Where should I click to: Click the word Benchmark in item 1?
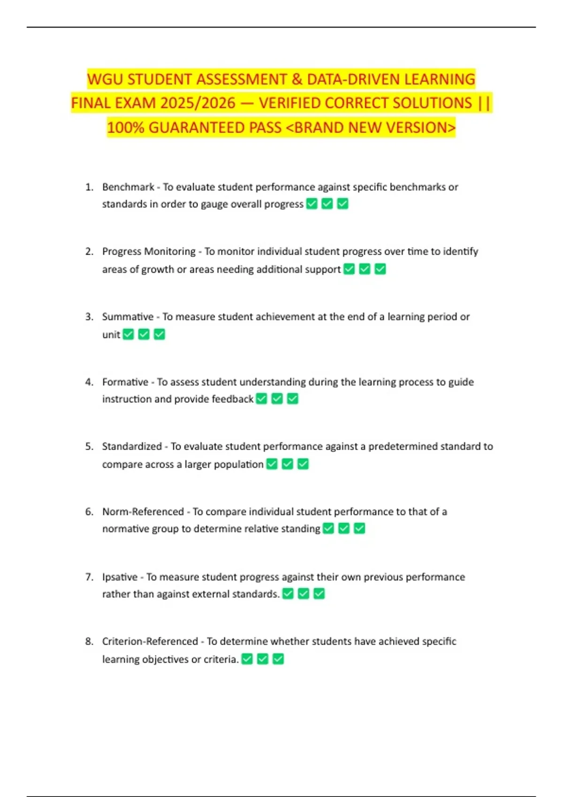[x=128, y=187]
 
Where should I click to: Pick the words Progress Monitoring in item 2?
[x=149, y=252]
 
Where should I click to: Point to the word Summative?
[x=128, y=317]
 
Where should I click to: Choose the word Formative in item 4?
[x=125, y=382]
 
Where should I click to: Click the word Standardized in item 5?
[x=132, y=446]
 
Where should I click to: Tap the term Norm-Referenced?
[x=143, y=511]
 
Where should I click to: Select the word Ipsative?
[x=120, y=577]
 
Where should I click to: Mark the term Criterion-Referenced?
[x=150, y=641]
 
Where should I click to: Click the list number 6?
[x=89, y=511]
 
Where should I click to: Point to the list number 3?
[x=89, y=317]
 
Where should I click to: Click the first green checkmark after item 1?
[x=312, y=204]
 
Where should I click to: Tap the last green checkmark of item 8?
[x=278, y=659]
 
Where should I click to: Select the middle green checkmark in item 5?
[x=288, y=464]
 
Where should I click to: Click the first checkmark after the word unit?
[x=129, y=334]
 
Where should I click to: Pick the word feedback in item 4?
[x=233, y=399]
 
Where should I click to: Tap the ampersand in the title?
[x=297, y=79]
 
